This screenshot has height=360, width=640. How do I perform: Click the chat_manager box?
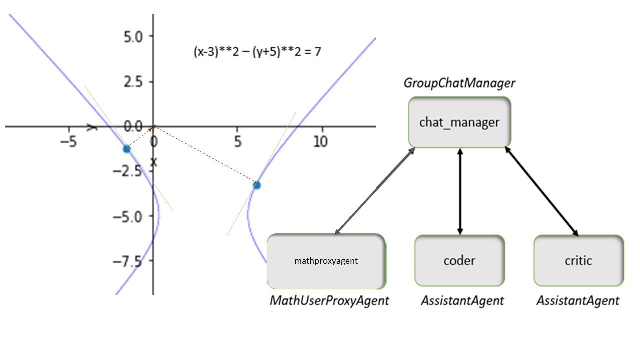click(459, 122)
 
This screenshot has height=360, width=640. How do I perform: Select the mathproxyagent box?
click(326, 261)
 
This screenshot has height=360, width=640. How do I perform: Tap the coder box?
click(459, 261)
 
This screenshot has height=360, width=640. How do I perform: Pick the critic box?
click(578, 261)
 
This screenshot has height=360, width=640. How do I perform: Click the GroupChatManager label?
click(459, 83)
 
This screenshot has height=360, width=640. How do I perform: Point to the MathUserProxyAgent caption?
click(329, 301)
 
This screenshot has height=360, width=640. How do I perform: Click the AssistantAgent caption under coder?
click(462, 301)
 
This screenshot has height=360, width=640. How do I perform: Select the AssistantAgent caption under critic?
click(578, 301)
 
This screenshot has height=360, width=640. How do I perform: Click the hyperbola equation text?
click(257, 52)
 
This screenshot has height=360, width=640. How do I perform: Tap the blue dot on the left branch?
click(127, 149)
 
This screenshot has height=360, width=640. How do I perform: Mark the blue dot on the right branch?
click(257, 185)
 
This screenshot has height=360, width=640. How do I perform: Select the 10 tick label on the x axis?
click(320, 142)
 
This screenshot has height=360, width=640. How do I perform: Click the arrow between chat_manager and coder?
click(460, 191)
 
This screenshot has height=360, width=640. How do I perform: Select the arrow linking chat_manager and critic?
click(542, 191)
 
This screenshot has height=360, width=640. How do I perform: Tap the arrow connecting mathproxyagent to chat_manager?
click(375, 191)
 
